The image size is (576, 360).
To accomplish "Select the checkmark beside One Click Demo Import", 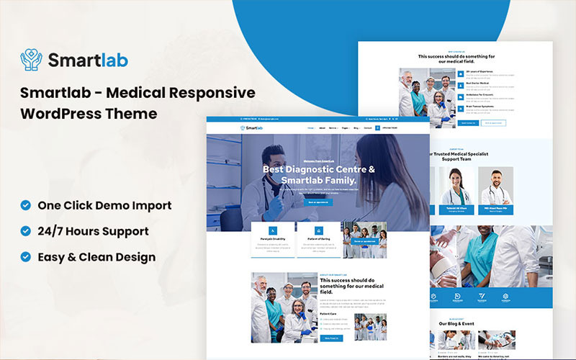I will click(x=26, y=205).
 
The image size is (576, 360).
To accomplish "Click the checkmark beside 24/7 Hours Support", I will click(x=26, y=231).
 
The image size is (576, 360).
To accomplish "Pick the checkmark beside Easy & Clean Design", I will click(x=26, y=256).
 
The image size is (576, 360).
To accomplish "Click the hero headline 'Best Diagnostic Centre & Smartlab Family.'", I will click(x=309, y=175).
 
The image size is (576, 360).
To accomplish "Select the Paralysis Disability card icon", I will click(x=273, y=230).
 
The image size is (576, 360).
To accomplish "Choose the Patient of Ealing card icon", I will click(x=318, y=230).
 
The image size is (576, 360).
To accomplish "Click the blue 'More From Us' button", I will click(x=332, y=338).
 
